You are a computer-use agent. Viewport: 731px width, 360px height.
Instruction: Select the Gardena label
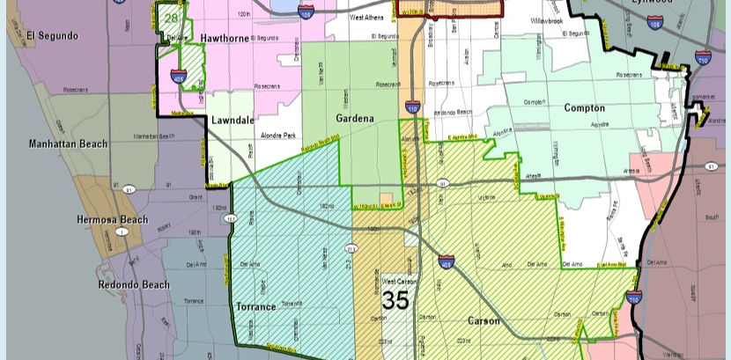355,117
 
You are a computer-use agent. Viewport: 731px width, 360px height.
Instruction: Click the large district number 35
396,300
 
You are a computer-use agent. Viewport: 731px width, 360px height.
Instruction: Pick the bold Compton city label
584,107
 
